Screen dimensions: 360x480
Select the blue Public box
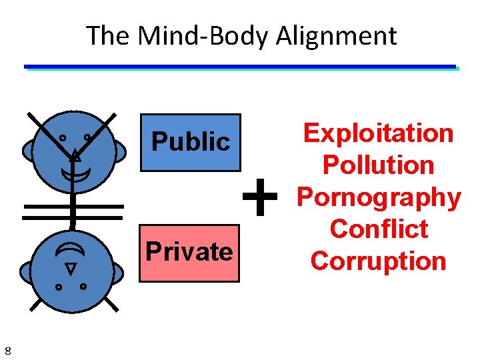click(190, 143)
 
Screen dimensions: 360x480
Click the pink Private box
click(189, 253)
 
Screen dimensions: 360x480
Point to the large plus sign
click(259, 197)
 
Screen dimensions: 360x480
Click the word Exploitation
click(378, 133)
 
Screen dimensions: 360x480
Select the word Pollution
click(378, 165)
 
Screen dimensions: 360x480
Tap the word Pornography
click(378, 197)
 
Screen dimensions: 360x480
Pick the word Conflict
click(378, 229)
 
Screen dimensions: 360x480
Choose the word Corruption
click(378, 261)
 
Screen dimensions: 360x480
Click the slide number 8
click(7, 351)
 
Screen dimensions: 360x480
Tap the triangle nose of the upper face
click(76, 157)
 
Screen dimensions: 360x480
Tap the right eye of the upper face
click(87, 137)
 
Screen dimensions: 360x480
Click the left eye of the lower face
click(58, 287)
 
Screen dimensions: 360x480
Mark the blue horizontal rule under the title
click(240, 67)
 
